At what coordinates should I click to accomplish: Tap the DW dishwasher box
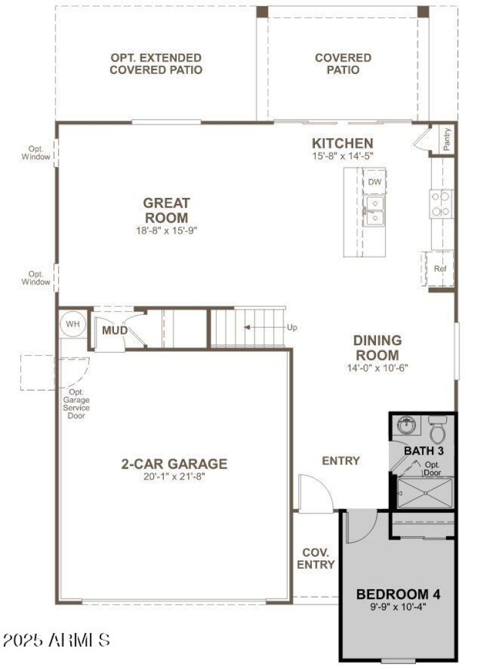pyautogui.click(x=374, y=182)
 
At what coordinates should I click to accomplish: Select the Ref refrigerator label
pyautogui.click(x=439, y=269)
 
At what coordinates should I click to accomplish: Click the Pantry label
pyautogui.click(x=447, y=139)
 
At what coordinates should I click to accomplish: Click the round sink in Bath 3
pyautogui.click(x=406, y=425)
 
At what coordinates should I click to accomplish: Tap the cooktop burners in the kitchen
pyautogui.click(x=441, y=203)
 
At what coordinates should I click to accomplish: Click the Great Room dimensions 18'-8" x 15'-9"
pyautogui.click(x=166, y=231)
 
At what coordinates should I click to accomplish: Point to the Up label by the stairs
pyautogui.click(x=291, y=327)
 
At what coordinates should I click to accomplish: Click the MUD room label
pyautogui.click(x=115, y=331)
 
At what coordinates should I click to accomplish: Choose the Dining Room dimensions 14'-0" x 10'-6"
pyautogui.click(x=378, y=368)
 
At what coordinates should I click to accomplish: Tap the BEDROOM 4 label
pyautogui.click(x=399, y=595)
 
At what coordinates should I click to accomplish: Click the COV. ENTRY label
pyautogui.click(x=316, y=558)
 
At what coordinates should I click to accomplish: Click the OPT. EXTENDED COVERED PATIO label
pyautogui.click(x=156, y=64)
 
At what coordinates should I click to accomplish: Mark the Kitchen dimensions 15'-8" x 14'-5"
pyautogui.click(x=342, y=157)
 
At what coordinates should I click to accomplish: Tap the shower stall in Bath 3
pyautogui.click(x=425, y=494)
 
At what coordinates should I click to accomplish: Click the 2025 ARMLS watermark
pyautogui.click(x=56, y=640)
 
